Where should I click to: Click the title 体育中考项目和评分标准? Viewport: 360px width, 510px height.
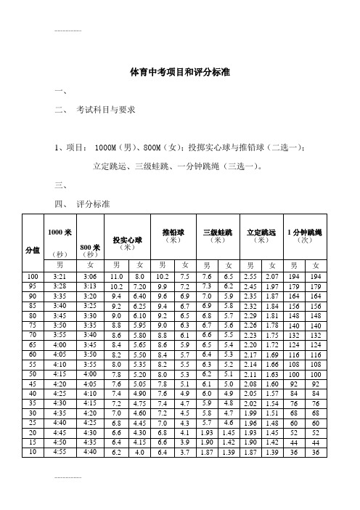click(x=179, y=73)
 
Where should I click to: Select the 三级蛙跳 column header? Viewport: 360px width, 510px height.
click(x=217, y=232)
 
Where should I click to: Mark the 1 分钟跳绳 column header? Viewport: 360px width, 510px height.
click(x=305, y=232)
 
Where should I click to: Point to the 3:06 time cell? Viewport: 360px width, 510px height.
click(x=91, y=277)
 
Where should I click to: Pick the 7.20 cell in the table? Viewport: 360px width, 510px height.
click(x=140, y=287)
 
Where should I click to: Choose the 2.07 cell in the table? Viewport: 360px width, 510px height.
click(x=272, y=277)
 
